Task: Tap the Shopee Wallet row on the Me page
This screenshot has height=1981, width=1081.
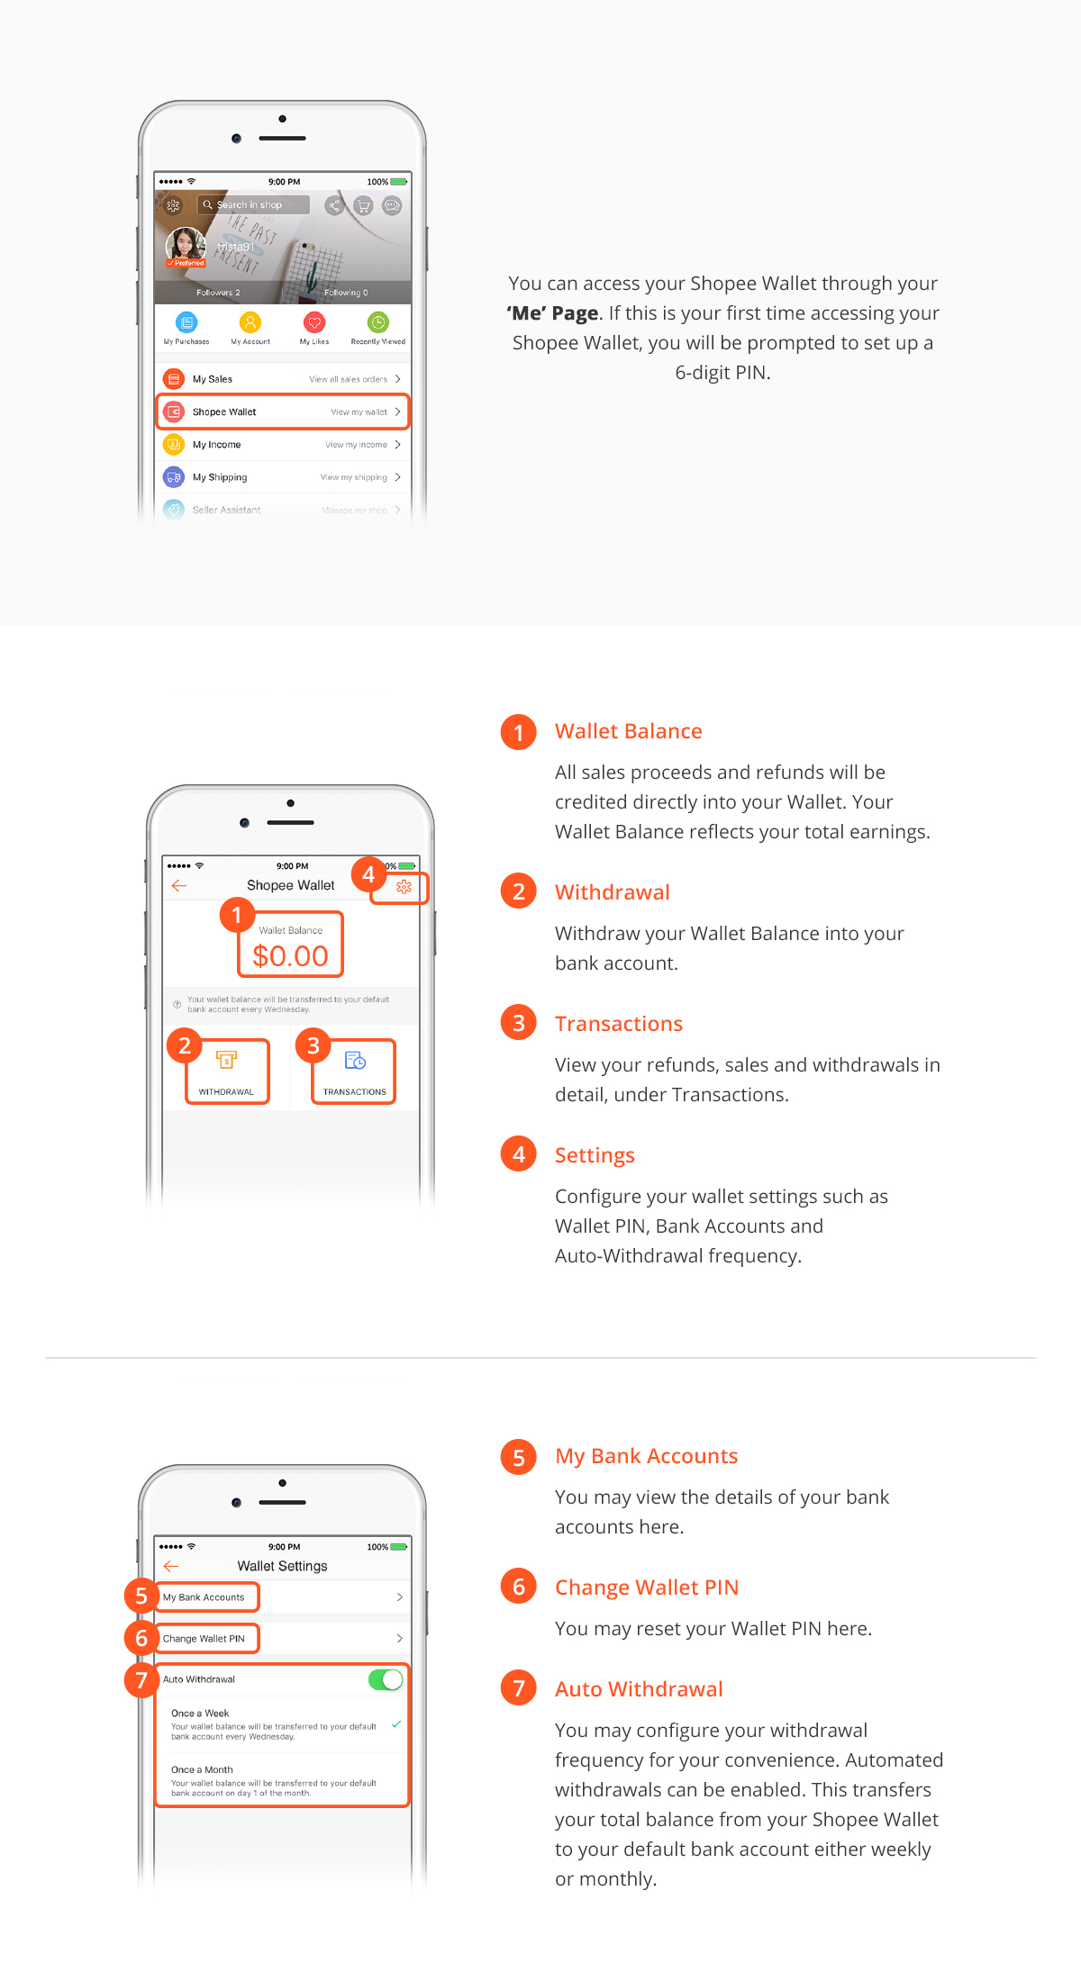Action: point(283,412)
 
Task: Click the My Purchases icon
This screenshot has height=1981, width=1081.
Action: point(186,322)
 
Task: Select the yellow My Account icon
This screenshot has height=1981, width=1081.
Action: point(250,322)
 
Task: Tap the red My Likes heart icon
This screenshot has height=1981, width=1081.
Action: point(314,322)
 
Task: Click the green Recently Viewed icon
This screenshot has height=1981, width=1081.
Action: point(378,322)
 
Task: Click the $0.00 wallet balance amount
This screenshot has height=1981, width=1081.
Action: point(290,955)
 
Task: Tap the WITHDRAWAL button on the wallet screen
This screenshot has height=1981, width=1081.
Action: point(226,1072)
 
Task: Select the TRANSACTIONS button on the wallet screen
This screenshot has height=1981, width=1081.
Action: point(354,1072)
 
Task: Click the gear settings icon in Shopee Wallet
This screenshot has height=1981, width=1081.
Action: point(404,887)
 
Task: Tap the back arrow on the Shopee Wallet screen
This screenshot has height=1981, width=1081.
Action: point(179,886)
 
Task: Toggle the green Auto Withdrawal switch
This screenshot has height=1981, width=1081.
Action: point(386,1679)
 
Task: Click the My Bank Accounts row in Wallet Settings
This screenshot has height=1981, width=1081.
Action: point(283,1597)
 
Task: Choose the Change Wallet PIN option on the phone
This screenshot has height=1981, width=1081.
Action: point(283,1639)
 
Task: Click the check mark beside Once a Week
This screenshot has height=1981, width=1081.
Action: point(396,1724)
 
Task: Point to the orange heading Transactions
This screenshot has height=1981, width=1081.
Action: point(619,1024)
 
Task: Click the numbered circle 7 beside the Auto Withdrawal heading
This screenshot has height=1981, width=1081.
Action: point(519,1688)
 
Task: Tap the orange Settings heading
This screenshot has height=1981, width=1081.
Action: point(595,1156)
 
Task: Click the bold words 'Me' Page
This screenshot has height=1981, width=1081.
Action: point(552,313)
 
